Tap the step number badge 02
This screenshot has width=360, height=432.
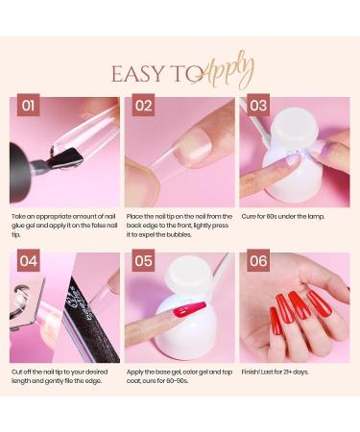(143, 106)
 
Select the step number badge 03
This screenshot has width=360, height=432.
(257, 106)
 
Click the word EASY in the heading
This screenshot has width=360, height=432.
(137, 75)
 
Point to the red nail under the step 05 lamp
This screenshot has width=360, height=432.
(188, 313)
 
